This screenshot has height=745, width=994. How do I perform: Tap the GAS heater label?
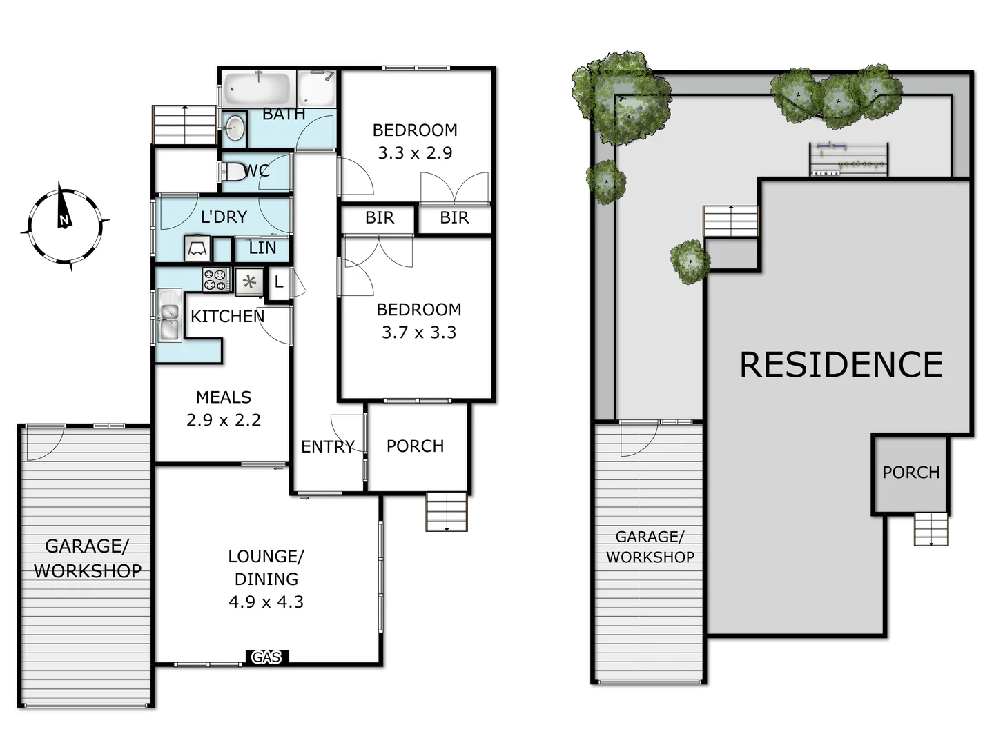266,657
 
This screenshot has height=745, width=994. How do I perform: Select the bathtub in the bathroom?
257,89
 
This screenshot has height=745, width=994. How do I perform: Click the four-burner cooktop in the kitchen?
216,279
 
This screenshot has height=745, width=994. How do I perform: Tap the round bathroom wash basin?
235,128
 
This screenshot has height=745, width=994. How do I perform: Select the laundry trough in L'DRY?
197,248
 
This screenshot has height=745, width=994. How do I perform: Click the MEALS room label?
224,397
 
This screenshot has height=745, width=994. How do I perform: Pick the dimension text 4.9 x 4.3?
266,602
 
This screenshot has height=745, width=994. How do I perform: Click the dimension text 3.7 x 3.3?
419,332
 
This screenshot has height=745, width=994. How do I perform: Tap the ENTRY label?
328,446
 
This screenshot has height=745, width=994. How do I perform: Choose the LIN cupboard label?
262,248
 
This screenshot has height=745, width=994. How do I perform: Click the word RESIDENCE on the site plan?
841,364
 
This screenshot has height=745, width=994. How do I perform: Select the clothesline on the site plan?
848,160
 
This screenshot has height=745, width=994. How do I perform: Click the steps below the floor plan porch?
447,511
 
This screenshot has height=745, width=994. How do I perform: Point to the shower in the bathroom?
317,89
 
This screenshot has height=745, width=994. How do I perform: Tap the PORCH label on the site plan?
910,473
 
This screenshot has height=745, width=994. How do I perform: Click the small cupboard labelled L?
279,281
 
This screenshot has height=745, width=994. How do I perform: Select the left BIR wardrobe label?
379,217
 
